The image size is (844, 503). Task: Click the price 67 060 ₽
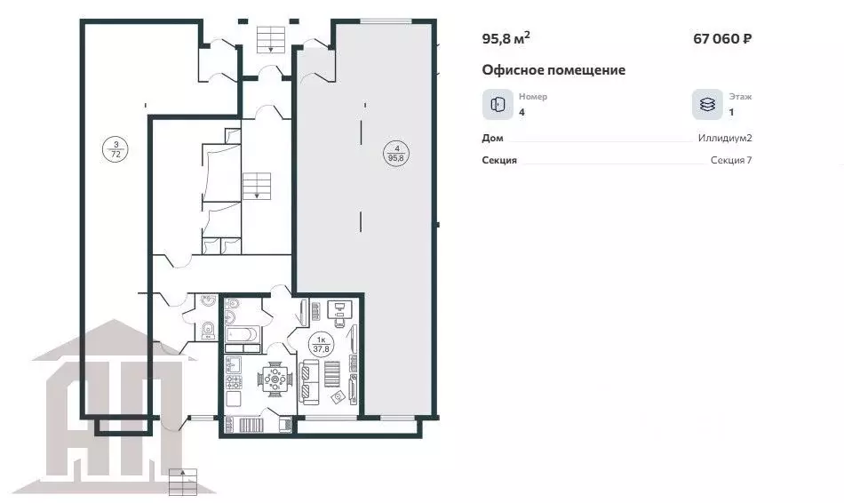point(722,39)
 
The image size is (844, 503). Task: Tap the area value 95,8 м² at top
point(506,38)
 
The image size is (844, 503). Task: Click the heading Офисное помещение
point(553,70)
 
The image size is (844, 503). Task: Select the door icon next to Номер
point(498,105)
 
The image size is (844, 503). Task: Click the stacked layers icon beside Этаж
point(707,105)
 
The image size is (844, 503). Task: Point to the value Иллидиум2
point(725,138)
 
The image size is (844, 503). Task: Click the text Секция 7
point(731,160)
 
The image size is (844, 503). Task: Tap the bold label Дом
point(492,138)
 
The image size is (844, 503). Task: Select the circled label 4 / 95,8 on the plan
point(397,153)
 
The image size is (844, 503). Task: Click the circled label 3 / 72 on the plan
point(115,149)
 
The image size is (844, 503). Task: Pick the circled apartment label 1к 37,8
point(322,344)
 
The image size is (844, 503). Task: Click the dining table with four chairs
point(275,379)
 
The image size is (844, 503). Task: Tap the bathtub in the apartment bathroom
point(243,334)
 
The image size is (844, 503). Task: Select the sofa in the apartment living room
point(308,382)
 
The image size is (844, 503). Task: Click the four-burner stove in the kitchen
point(235,382)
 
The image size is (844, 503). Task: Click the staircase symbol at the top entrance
point(271,39)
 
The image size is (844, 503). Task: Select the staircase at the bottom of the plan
point(183,482)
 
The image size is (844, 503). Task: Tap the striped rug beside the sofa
point(332,374)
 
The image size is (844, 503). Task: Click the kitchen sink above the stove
point(233,364)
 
